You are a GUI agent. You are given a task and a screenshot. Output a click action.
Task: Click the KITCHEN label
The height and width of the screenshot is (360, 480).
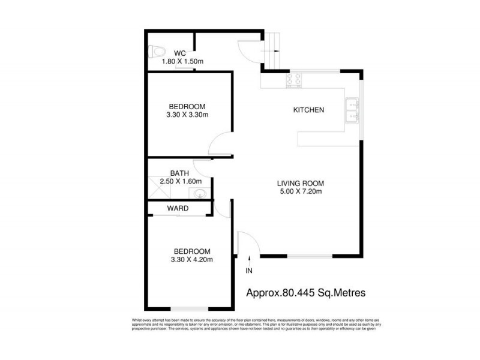click(308, 110)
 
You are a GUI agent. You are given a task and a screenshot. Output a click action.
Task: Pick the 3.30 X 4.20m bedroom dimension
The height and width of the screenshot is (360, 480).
click(193, 260)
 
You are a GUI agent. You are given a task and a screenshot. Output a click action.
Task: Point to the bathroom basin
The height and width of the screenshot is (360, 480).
click(199, 193)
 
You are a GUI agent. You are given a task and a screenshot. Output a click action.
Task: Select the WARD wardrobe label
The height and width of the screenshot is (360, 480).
click(178, 209)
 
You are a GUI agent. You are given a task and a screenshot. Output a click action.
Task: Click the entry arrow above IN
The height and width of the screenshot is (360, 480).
click(249, 259)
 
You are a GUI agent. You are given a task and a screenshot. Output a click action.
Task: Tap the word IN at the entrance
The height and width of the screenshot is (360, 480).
click(249, 271)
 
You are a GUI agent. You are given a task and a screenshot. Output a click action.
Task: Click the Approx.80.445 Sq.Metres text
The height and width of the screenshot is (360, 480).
click(306, 293)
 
